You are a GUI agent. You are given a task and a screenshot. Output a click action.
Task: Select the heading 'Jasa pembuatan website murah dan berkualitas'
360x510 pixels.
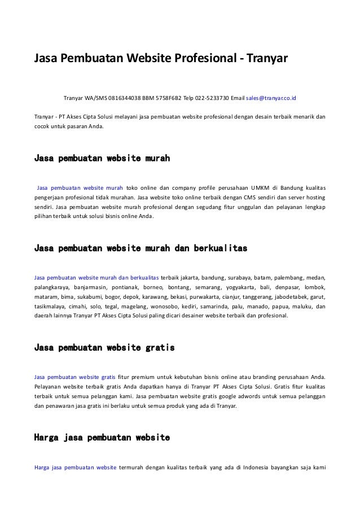[x=141, y=248]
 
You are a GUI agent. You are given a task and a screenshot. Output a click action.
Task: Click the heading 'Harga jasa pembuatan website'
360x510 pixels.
[x=102, y=437]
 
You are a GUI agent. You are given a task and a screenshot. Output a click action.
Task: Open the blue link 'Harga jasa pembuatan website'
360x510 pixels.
[x=76, y=467]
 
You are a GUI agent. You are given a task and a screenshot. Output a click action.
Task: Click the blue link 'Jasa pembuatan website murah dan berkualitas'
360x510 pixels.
[x=96, y=277]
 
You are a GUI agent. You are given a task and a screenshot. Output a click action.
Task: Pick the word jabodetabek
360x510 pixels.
[x=286, y=297]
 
